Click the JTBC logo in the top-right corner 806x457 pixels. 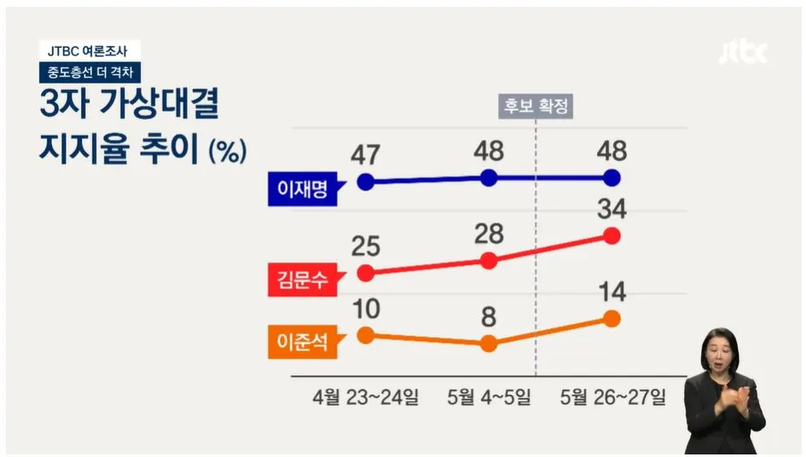(x=743, y=52)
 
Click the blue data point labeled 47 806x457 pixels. (x=366, y=182)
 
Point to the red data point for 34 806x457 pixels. (x=612, y=235)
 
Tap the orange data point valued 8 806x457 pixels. (x=489, y=344)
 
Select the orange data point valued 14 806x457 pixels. (x=612, y=318)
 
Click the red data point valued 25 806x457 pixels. (x=366, y=273)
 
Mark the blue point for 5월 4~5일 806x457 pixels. (x=489, y=177)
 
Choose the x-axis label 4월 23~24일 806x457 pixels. (x=366, y=397)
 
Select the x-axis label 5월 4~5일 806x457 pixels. (x=489, y=397)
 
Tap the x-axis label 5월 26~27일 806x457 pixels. (x=612, y=397)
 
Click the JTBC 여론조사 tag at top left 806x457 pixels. (x=89, y=51)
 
